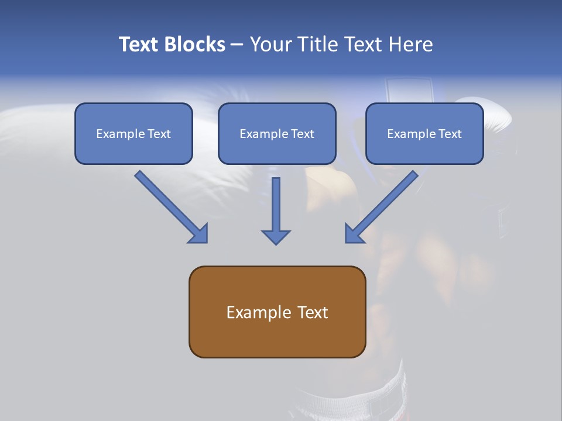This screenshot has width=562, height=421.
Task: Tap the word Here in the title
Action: [411, 44]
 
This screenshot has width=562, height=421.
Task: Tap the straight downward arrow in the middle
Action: [276, 210]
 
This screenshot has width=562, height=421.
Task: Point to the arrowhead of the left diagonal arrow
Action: [199, 233]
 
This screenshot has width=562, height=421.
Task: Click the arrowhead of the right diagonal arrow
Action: [354, 233]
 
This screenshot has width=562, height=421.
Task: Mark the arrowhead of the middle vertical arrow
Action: [276, 236]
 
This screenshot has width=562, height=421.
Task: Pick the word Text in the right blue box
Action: [450, 134]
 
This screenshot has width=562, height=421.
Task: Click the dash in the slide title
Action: [237, 44]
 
